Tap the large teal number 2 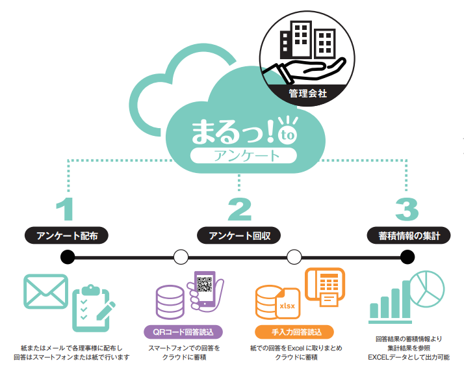[x=239, y=209]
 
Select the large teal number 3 [x=407, y=209]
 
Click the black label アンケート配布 [x=66, y=236]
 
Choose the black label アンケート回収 [x=238, y=236]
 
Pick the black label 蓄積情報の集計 [x=409, y=236]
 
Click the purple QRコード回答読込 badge [x=183, y=332]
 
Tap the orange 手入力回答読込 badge [x=294, y=332]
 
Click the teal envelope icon [x=46, y=291]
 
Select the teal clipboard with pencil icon [x=92, y=308]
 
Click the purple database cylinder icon [x=170, y=302]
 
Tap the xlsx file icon [x=287, y=303]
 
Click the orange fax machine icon [x=325, y=287]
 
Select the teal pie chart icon [x=427, y=289]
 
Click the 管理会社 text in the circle [x=308, y=94]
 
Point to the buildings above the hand [x=308, y=40]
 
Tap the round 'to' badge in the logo [x=287, y=135]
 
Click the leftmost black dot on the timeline [x=68, y=257]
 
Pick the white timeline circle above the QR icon [x=181, y=257]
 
